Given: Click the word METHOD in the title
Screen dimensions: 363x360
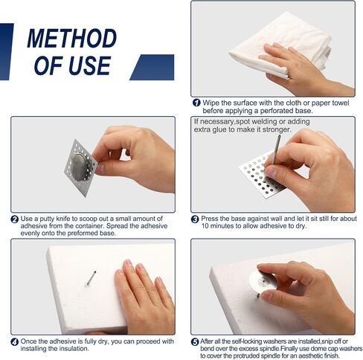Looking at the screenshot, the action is pyautogui.click(x=72, y=38).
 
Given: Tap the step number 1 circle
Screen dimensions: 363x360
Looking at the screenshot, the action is pyautogui.click(x=196, y=103).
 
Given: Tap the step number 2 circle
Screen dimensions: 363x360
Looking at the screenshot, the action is pyautogui.click(x=15, y=219).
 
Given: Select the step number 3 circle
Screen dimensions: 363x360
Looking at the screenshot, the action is pyautogui.click(x=195, y=219).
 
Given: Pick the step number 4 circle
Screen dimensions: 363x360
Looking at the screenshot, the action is pyautogui.click(x=15, y=342).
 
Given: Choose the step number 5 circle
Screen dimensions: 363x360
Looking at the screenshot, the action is pyautogui.click(x=195, y=342).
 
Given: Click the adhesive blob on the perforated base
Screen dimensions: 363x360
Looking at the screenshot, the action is pyautogui.click(x=80, y=167).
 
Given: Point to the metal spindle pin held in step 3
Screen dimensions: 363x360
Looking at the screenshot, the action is pyautogui.click(x=276, y=150).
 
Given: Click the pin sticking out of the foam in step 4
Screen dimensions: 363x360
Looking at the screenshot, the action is pyautogui.click(x=91, y=277).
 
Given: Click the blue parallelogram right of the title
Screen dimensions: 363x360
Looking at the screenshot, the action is pyautogui.click(x=152, y=67).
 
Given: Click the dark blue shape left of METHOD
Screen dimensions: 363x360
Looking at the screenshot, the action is pyautogui.click(x=6, y=51).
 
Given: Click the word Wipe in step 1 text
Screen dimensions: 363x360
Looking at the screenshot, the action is pyautogui.click(x=211, y=103).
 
